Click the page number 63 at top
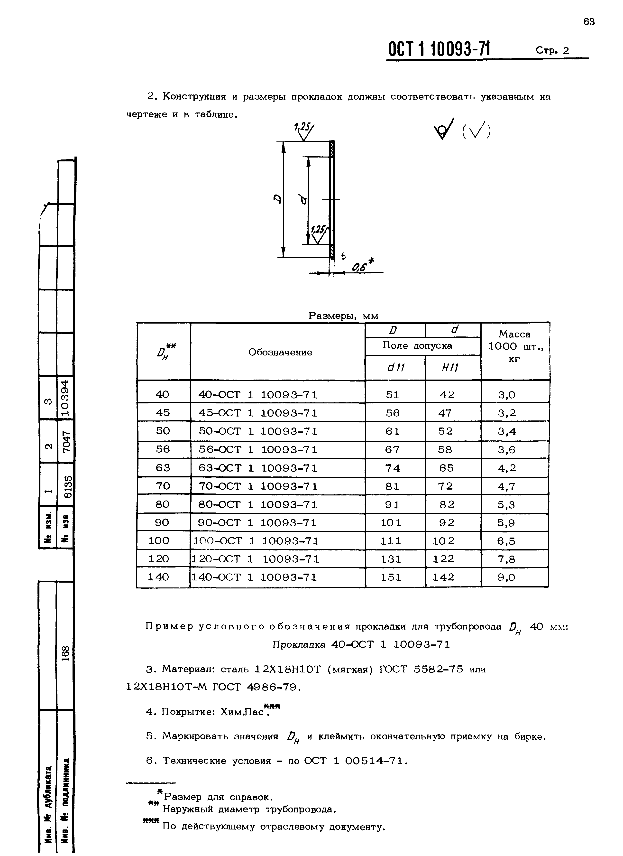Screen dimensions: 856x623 (x=589, y=22)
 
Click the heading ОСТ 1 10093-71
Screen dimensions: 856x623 (x=440, y=49)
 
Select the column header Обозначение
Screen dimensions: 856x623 (x=280, y=352)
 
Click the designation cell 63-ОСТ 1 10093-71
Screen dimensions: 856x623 (x=258, y=468)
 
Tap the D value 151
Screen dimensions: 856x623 (x=391, y=577)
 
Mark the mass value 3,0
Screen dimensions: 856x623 (x=506, y=395)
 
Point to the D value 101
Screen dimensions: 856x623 (x=391, y=523)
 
